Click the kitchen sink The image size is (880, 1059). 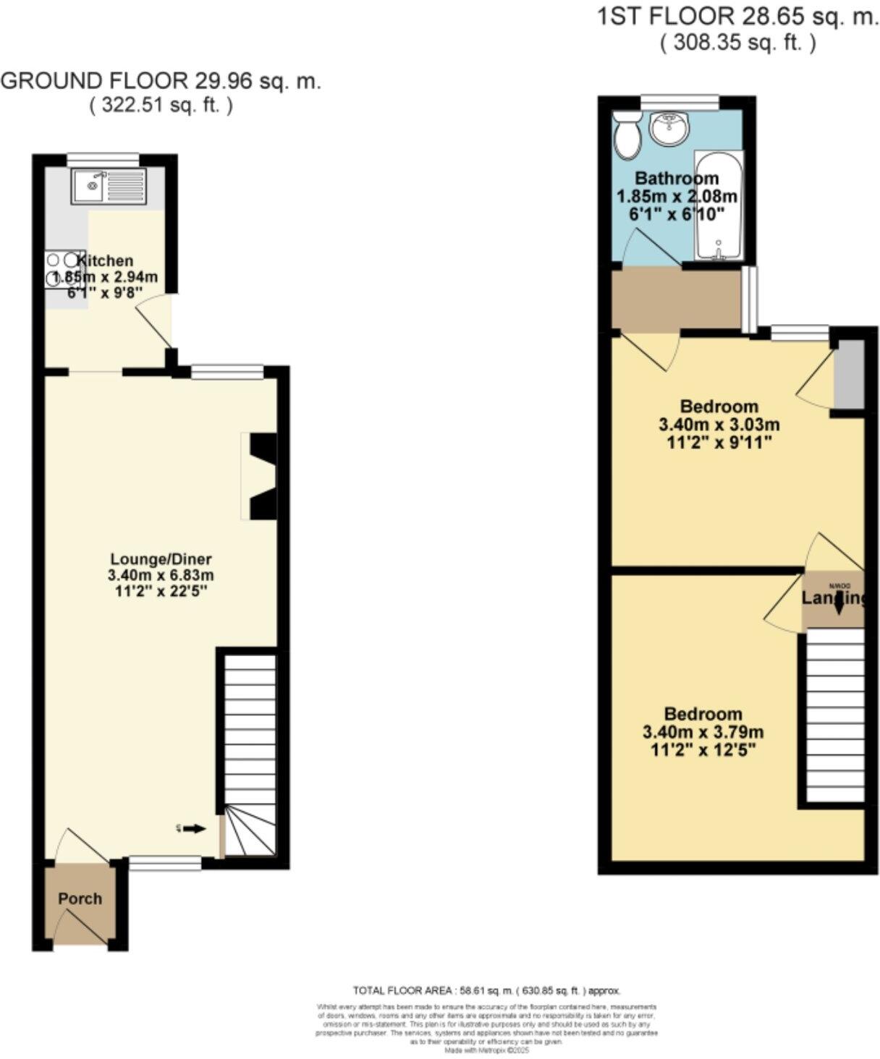click(x=109, y=185)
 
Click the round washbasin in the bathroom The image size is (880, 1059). click(x=670, y=129)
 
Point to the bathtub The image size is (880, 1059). click(x=718, y=205)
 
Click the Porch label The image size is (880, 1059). click(x=80, y=898)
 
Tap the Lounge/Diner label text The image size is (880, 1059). click(x=161, y=559)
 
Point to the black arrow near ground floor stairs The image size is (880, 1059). click(x=193, y=829)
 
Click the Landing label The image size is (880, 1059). click(x=833, y=598)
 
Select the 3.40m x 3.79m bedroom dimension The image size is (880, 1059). click(x=703, y=732)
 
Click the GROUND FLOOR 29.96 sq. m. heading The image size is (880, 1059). click(x=161, y=80)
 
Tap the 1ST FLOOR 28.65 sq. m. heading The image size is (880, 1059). click(x=737, y=17)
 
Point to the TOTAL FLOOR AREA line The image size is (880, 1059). click(x=486, y=990)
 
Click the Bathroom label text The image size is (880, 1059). click(x=677, y=178)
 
